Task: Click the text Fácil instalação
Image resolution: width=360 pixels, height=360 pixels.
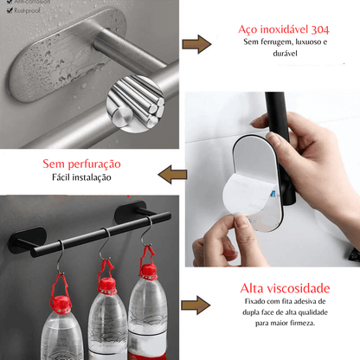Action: (81, 178)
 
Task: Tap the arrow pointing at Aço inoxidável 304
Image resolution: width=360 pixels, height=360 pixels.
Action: (198, 44)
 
